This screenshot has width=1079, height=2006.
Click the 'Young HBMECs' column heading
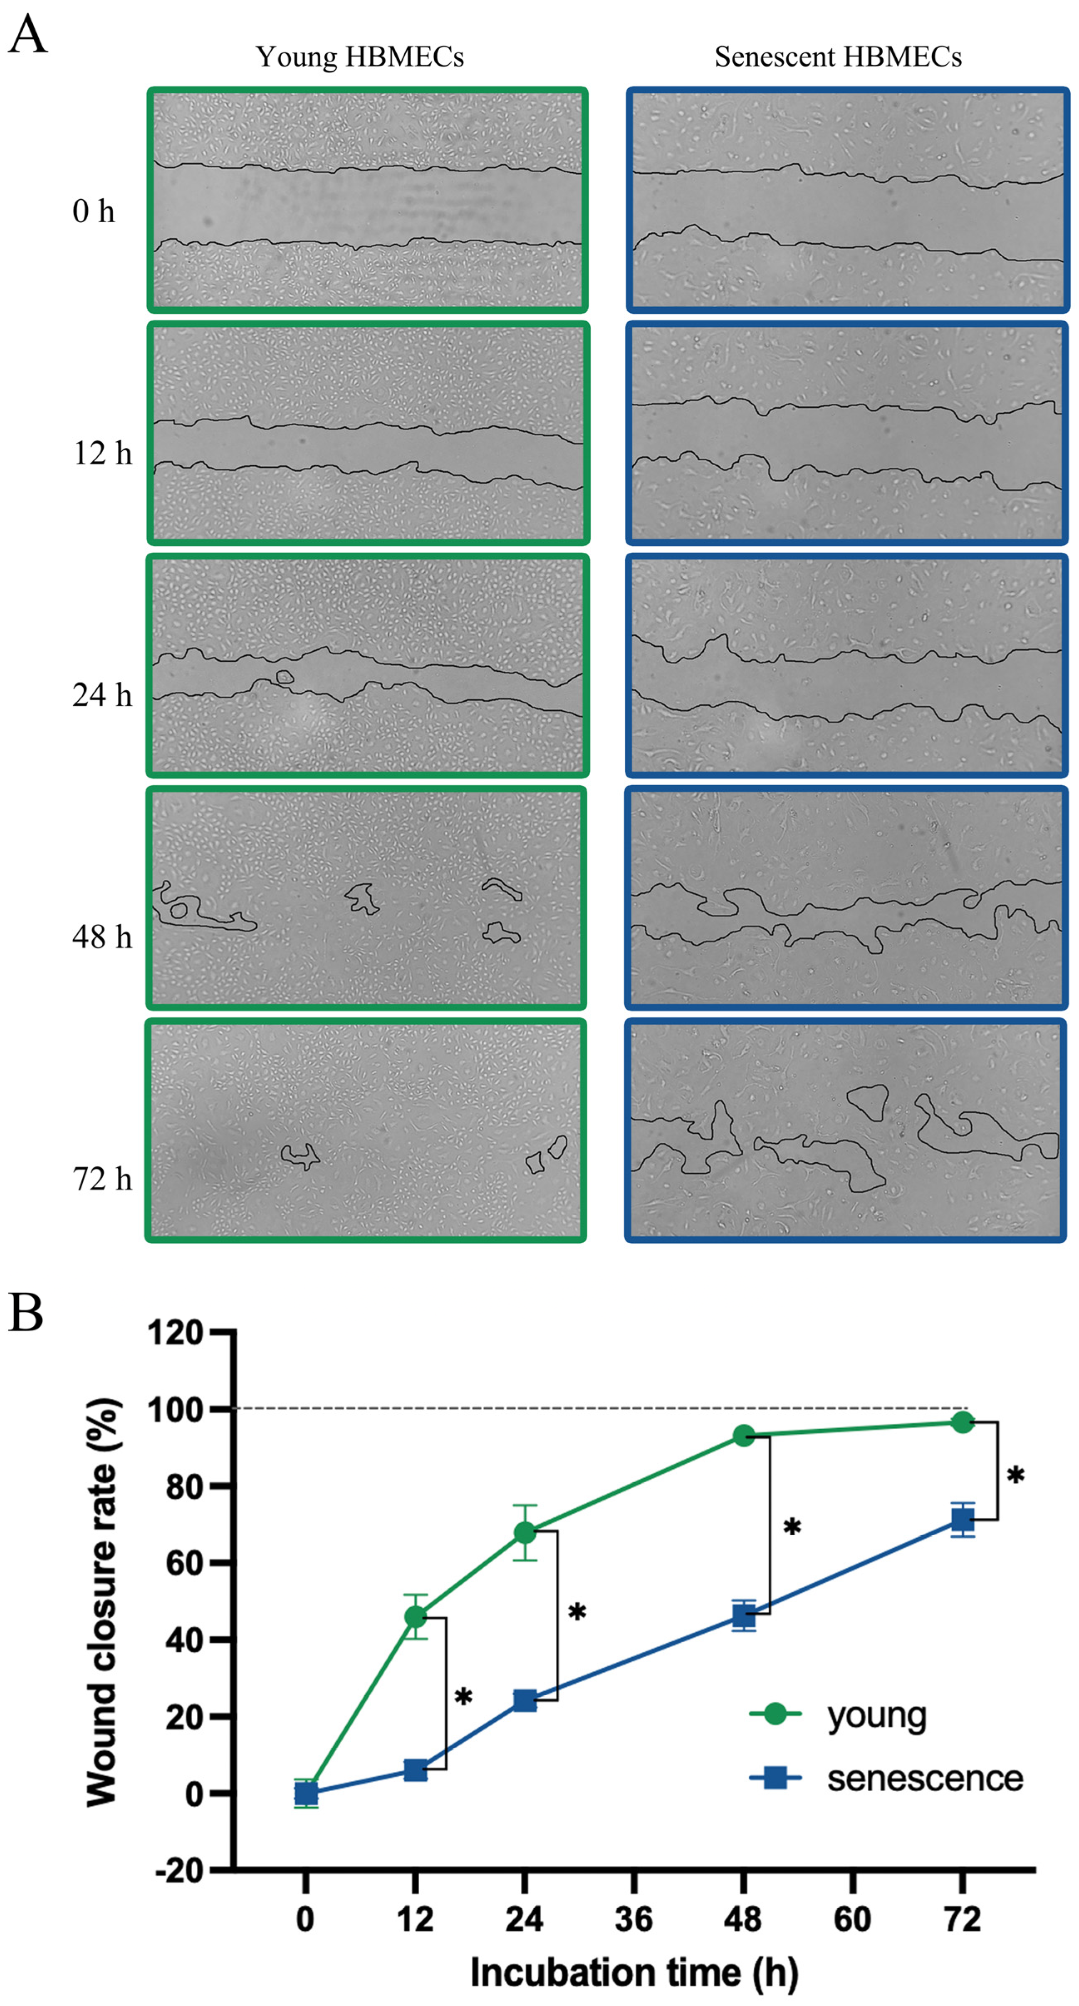[x=360, y=57]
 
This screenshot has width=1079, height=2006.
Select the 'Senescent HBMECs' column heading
[x=838, y=57]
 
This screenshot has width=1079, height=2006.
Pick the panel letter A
[x=27, y=35]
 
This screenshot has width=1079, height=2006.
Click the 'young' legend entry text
[x=876, y=1716]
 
